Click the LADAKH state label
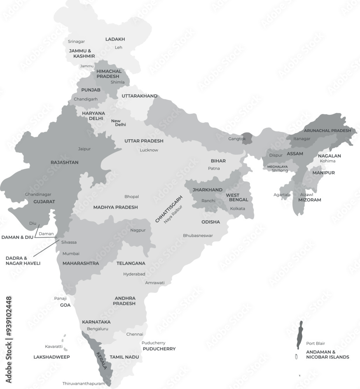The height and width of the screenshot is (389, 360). pyautogui.click(x=115, y=39)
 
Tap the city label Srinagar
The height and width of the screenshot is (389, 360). pyautogui.click(x=76, y=42)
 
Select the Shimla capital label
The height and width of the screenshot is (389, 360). pyautogui.click(x=117, y=82)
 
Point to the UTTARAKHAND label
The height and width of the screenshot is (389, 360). pyautogui.click(x=139, y=96)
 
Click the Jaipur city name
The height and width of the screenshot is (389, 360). pyautogui.click(x=84, y=149)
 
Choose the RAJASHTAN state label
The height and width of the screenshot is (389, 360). pyautogui.click(x=65, y=162)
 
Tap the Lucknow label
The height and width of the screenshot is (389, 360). pyautogui.click(x=149, y=150)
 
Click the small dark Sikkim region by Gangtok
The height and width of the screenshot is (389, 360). pyautogui.click(x=246, y=138)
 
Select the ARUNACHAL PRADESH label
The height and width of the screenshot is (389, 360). pyautogui.click(x=327, y=131)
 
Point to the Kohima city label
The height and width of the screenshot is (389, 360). pyautogui.click(x=327, y=161)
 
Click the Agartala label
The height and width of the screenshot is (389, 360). pyautogui.click(x=282, y=194)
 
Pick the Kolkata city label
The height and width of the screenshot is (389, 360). pyautogui.click(x=238, y=209)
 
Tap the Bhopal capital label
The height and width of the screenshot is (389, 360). pyautogui.click(x=131, y=197)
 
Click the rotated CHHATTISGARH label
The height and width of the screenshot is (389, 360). pyautogui.click(x=169, y=210)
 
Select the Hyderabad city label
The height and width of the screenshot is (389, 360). pyautogui.click(x=134, y=274)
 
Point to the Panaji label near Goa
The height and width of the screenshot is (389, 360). pyautogui.click(x=60, y=298)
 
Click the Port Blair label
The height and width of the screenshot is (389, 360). pyautogui.click(x=315, y=343)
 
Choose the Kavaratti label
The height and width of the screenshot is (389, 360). pyautogui.click(x=54, y=346)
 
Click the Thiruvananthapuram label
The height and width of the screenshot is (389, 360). pyautogui.click(x=84, y=384)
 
